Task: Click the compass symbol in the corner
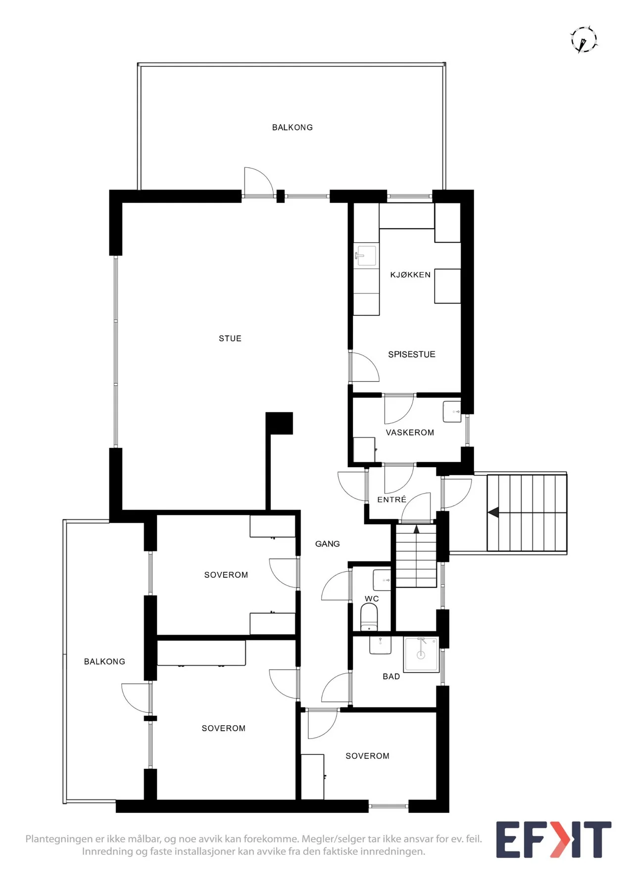pyautogui.click(x=584, y=40)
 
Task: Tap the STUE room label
pyautogui.click(x=230, y=339)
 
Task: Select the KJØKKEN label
pyautogui.click(x=410, y=275)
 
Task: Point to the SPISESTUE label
pyautogui.click(x=412, y=354)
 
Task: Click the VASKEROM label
pyautogui.click(x=410, y=433)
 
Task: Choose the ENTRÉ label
pyautogui.click(x=391, y=499)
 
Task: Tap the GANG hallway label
pyautogui.click(x=328, y=544)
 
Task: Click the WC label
pyautogui.click(x=372, y=599)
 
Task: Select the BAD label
pyautogui.click(x=391, y=677)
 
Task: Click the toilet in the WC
pyautogui.click(x=369, y=617)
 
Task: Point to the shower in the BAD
pyautogui.click(x=421, y=654)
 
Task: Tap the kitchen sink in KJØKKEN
pyautogui.click(x=366, y=255)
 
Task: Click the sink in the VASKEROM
pyautogui.click(x=452, y=412)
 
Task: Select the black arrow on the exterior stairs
pyautogui.click(x=493, y=512)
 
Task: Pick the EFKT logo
pyautogui.click(x=554, y=840)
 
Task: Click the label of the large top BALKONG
pyautogui.click(x=292, y=128)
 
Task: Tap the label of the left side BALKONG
pyautogui.click(x=104, y=662)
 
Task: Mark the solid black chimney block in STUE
pyautogui.click(x=279, y=423)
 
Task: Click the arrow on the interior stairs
pyautogui.click(x=417, y=529)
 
